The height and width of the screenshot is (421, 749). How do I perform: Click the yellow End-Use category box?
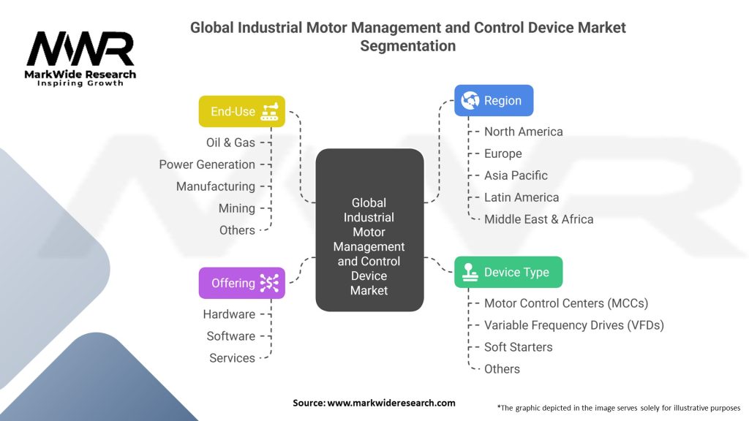[x=241, y=111]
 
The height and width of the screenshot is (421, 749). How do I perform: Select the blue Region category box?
[x=494, y=101]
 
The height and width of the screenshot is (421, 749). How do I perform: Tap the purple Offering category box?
[x=241, y=283]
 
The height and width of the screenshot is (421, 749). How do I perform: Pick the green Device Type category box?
[x=508, y=272]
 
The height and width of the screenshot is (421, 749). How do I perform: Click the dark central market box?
[x=369, y=230]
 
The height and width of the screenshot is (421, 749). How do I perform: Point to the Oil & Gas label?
[x=230, y=143]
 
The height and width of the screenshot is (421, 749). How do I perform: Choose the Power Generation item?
[x=207, y=164]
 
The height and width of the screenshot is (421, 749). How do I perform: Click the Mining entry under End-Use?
[x=237, y=208]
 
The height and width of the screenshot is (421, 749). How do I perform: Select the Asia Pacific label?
[x=516, y=175]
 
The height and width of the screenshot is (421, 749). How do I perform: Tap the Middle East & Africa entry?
[x=538, y=219]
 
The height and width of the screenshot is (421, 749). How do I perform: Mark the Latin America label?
[x=521, y=197]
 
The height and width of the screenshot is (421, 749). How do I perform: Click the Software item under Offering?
[x=230, y=336]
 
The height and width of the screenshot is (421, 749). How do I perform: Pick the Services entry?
[x=232, y=358]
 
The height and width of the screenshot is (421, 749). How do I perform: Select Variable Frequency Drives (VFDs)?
[x=573, y=325]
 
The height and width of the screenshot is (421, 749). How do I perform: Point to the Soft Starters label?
[x=518, y=347]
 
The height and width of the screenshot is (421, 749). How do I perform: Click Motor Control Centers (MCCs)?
[x=566, y=303]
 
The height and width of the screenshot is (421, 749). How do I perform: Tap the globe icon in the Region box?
[x=470, y=101]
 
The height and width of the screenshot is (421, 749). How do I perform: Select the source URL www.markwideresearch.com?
[x=391, y=403]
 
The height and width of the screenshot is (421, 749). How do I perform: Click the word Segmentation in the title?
[x=407, y=45]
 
